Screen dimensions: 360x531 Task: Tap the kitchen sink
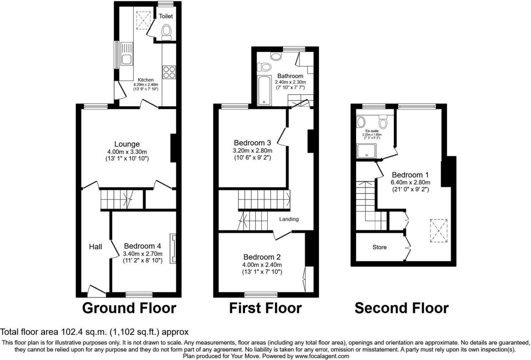point(124,54)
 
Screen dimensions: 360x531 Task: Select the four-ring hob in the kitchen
point(169,72)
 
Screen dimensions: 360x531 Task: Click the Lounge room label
point(127,144)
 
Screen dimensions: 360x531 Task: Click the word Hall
point(96,246)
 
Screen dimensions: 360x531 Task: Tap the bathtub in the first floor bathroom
point(264,90)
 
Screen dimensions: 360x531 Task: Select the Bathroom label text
point(290,76)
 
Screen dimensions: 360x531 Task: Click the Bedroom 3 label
point(252,143)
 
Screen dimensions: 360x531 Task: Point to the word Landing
point(289,219)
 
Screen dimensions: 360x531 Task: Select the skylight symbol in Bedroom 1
point(439,230)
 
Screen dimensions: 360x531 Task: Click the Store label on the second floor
point(379,247)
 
